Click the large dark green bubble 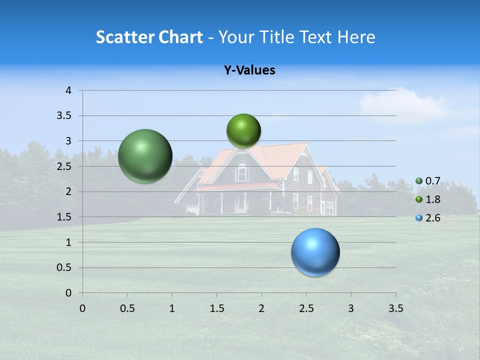tap(145, 156)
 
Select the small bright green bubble tap(243, 131)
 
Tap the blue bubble tap(315, 252)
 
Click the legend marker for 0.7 tap(419, 180)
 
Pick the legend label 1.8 tap(432, 199)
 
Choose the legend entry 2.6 tap(432, 218)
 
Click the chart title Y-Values tap(249, 70)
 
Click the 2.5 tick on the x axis tap(306, 308)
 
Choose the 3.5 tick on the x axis tap(395, 308)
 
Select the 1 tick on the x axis tap(172, 308)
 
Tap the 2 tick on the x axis tap(261, 308)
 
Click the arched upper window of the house tap(242, 172)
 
